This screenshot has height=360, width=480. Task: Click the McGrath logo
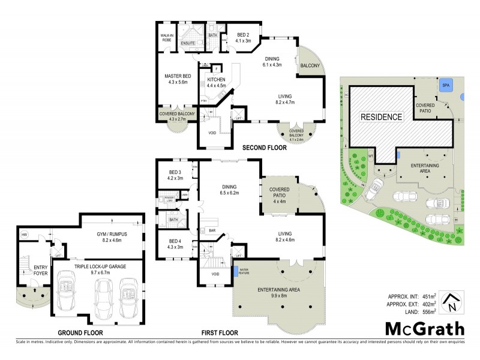click(424, 328)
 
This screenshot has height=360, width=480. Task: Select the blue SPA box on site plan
click(446, 86)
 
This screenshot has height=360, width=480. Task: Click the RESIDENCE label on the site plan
click(381, 117)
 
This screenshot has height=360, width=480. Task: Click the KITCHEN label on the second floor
click(216, 80)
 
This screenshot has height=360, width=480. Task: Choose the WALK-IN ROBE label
click(167, 38)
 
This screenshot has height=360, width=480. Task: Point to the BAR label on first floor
click(211, 230)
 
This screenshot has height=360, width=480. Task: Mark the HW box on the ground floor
click(25, 235)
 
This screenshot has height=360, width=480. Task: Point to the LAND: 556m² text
click(411, 312)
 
